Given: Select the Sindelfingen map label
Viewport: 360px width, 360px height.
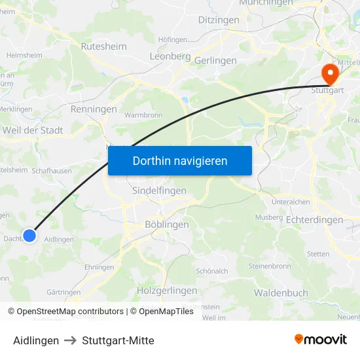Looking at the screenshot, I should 159,190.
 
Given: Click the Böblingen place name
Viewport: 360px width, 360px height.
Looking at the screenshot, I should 166,225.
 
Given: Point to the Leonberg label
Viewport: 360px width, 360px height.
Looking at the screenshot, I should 170,57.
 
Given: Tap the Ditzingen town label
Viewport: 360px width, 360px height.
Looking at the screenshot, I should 219,20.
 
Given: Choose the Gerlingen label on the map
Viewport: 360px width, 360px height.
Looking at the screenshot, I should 215,60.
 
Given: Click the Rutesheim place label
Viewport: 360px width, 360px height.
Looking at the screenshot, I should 103,46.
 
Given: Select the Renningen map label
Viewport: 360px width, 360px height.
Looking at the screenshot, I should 93,109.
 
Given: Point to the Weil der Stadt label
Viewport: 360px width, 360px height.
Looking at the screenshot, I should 33,130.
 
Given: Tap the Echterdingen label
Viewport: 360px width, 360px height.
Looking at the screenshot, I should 314,221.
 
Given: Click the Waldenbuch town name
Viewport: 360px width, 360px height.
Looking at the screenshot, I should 281,293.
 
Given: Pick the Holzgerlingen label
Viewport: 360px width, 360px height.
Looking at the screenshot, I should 167,290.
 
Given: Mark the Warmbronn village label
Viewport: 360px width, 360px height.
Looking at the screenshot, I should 143,115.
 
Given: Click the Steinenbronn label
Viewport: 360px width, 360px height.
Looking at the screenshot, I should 270,266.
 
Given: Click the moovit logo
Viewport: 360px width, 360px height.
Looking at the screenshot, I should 320,339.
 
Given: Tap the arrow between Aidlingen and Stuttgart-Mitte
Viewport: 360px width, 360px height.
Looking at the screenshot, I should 71,340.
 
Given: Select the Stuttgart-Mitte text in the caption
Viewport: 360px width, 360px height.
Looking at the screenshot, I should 118,340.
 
